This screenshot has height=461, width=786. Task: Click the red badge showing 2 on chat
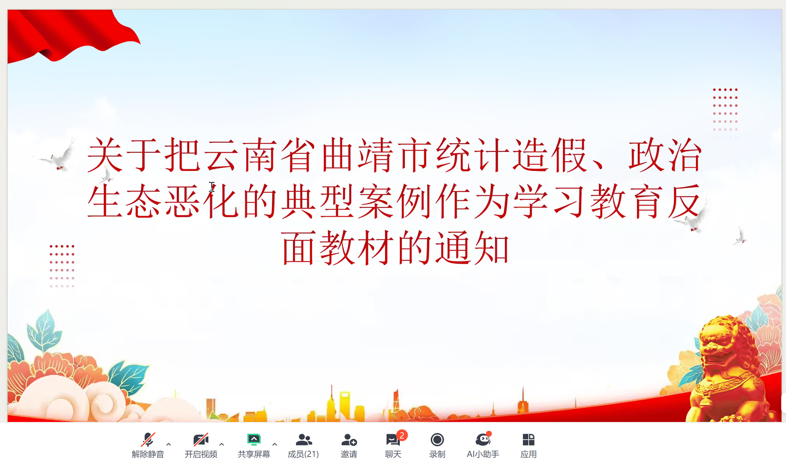tap(402, 435)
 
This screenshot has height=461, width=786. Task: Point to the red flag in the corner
tap(70, 35)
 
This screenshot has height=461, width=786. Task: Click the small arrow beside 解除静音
tap(169, 444)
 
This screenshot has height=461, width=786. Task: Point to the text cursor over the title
tap(212, 187)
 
